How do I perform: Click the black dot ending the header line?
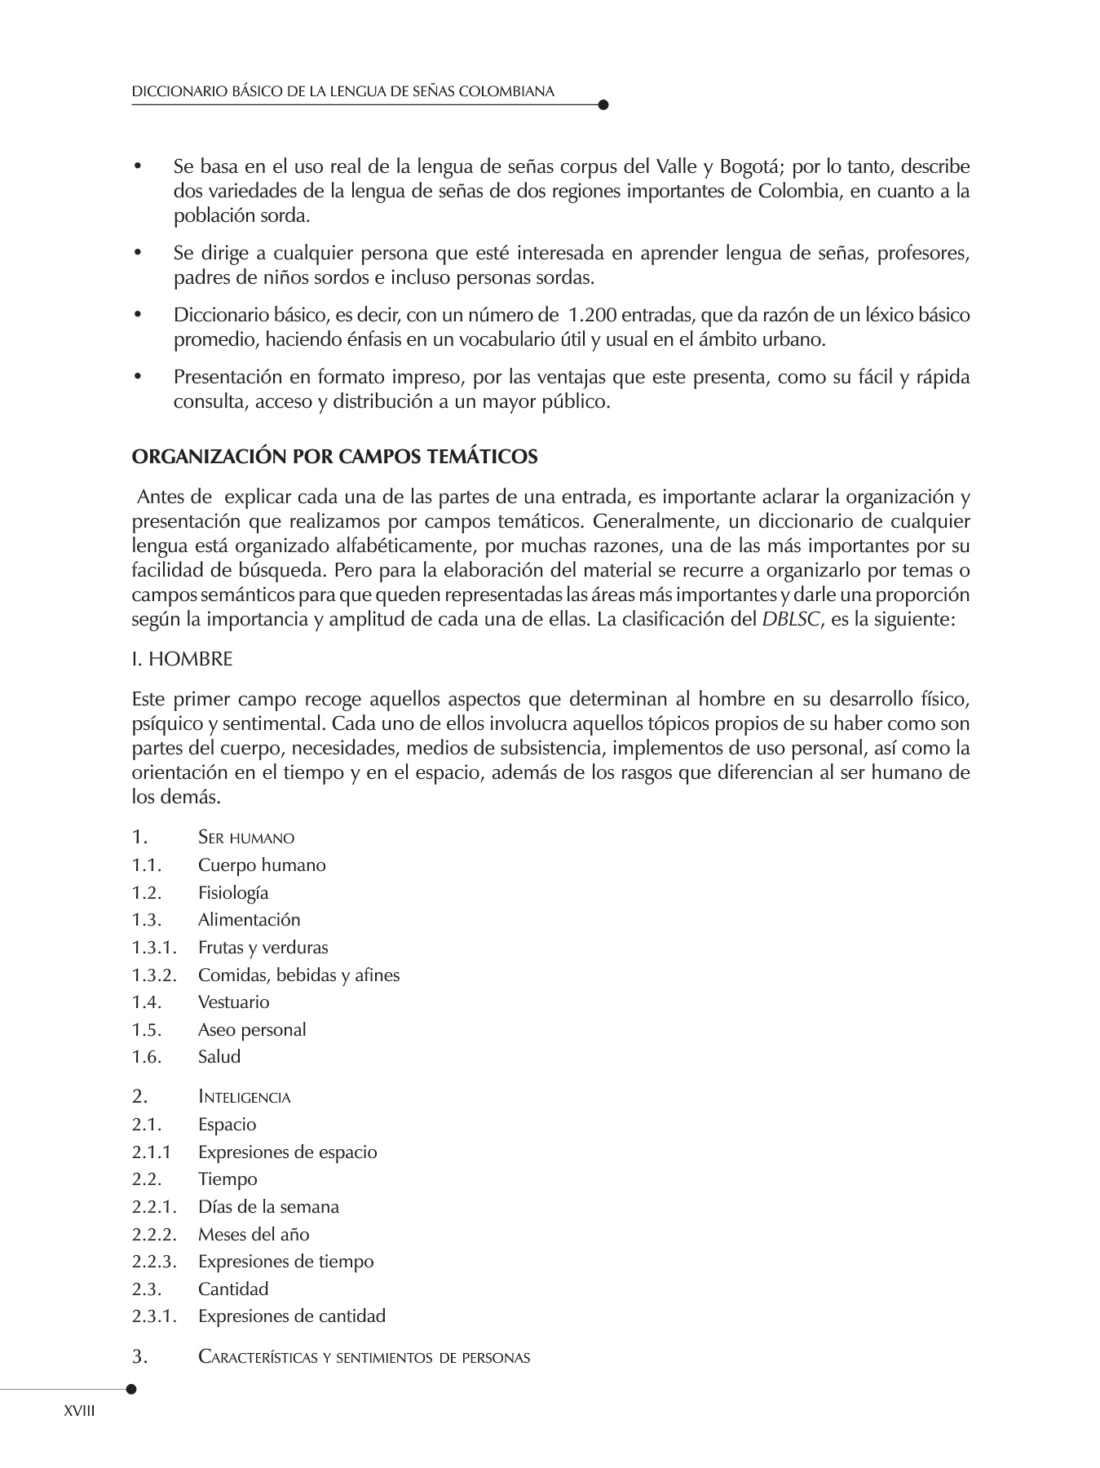(603, 104)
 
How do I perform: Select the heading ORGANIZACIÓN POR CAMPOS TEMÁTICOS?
(334, 457)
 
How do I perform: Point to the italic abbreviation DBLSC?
(790, 619)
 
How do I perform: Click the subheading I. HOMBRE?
(182, 659)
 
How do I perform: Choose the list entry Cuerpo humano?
(262, 865)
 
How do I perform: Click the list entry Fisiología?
(233, 893)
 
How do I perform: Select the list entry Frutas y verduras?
(263, 948)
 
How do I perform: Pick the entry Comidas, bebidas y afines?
(298, 975)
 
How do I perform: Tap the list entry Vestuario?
(233, 1002)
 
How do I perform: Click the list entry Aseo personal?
(252, 1030)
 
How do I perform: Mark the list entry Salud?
(219, 1057)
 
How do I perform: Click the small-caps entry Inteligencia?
(244, 1098)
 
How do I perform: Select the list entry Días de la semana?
(268, 1207)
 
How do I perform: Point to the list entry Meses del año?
(254, 1235)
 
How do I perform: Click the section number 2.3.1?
(154, 1316)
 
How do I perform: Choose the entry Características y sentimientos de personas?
(364, 1358)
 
